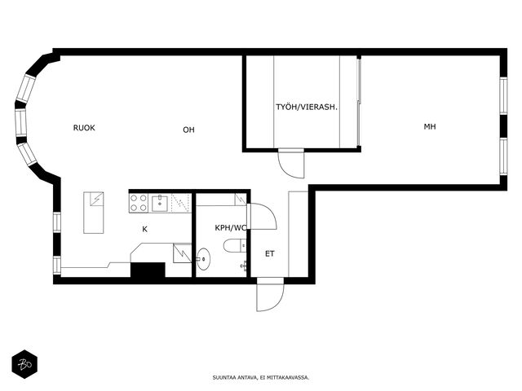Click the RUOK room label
[x=84, y=128]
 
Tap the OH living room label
[x=188, y=130]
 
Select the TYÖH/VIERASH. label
[x=307, y=107]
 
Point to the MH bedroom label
[x=430, y=126]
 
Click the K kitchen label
[x=145, y=229]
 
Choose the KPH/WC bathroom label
[x=231, y=228]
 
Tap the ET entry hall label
[x=270, y=253]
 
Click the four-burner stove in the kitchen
[x=139, y=203]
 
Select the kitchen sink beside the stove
[x=160, y=204]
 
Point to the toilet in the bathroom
[x=235, y=246]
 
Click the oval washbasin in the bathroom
[x=203, y=259]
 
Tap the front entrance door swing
[x=270, y=295]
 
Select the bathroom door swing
[x=263, y=216]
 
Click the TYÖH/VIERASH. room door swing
[x=291, y=163]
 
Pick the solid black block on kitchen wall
[x=148, y=270]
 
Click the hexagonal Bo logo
[x=24, y=364]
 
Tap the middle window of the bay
[x=20, y=121]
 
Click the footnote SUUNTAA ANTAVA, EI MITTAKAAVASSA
[x=261, y=378]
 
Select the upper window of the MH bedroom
[x=503, y=95]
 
